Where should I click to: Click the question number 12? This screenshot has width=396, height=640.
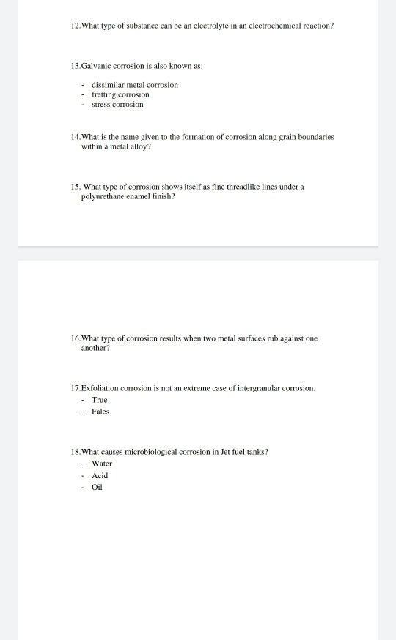click(76, 26)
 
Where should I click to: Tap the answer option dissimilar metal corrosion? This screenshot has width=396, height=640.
click(135, 85)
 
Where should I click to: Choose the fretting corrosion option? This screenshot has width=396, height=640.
click(120, 94)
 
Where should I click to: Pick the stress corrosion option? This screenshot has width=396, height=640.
click(117, 105)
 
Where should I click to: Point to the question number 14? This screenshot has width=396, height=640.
click(76, 137)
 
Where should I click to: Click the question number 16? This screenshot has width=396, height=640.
click(76, 338)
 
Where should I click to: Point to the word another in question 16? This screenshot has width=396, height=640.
click(95, 348)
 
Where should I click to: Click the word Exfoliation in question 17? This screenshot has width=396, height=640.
click(100, 387)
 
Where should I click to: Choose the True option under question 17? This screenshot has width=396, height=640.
click(99, 400)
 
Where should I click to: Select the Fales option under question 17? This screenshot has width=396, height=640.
click(100, 412)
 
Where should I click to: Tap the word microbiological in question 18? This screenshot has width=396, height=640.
click(158, 452)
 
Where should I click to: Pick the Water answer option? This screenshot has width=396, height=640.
click(102, 464)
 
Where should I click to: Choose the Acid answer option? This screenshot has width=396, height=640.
click(100, 475)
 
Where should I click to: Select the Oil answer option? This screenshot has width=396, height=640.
click(97, 487)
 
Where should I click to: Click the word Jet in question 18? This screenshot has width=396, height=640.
click(224, 452)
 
